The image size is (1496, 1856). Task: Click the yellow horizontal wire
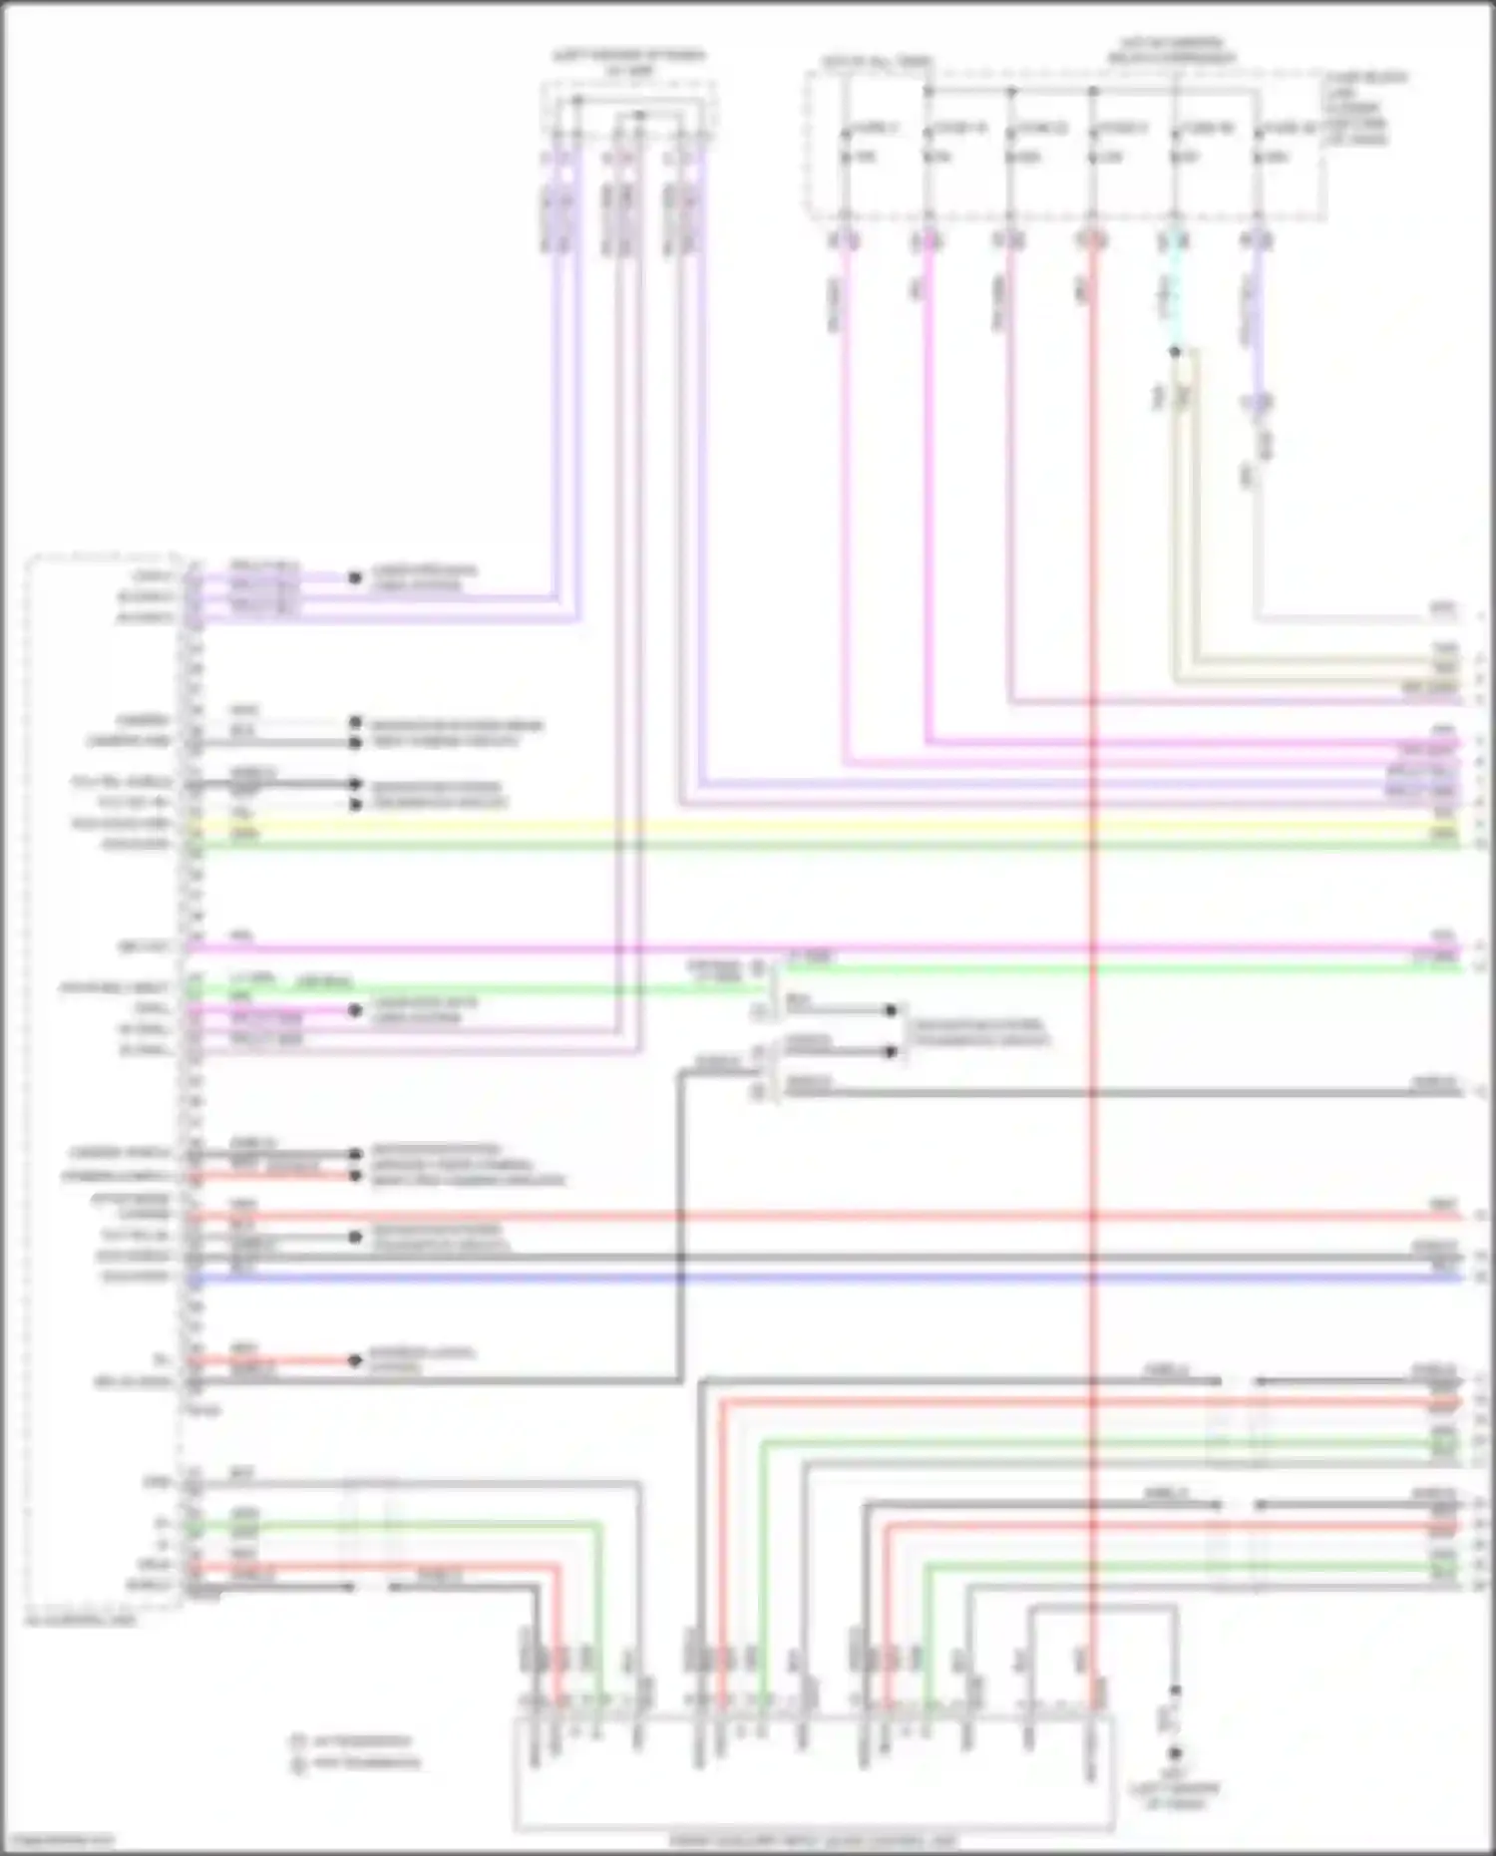(x=798, y=826)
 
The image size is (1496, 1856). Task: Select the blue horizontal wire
(x=798, y=1278)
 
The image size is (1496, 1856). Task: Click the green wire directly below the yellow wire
(x=798, y=846)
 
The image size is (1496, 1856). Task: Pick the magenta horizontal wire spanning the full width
(x=798, y=947)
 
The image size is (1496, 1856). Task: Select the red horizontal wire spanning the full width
(x=798, y=1217)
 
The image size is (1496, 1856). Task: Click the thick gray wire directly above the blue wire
(x=798, y=1258)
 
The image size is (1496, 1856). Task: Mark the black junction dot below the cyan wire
(x=1175, y=351)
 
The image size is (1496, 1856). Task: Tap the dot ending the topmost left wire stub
(x=354, y=577)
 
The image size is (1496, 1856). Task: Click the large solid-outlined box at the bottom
(x=813, y=1775)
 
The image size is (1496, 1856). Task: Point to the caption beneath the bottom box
(x=813, y=1841)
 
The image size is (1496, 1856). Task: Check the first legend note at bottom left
(x=354, y=1741)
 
